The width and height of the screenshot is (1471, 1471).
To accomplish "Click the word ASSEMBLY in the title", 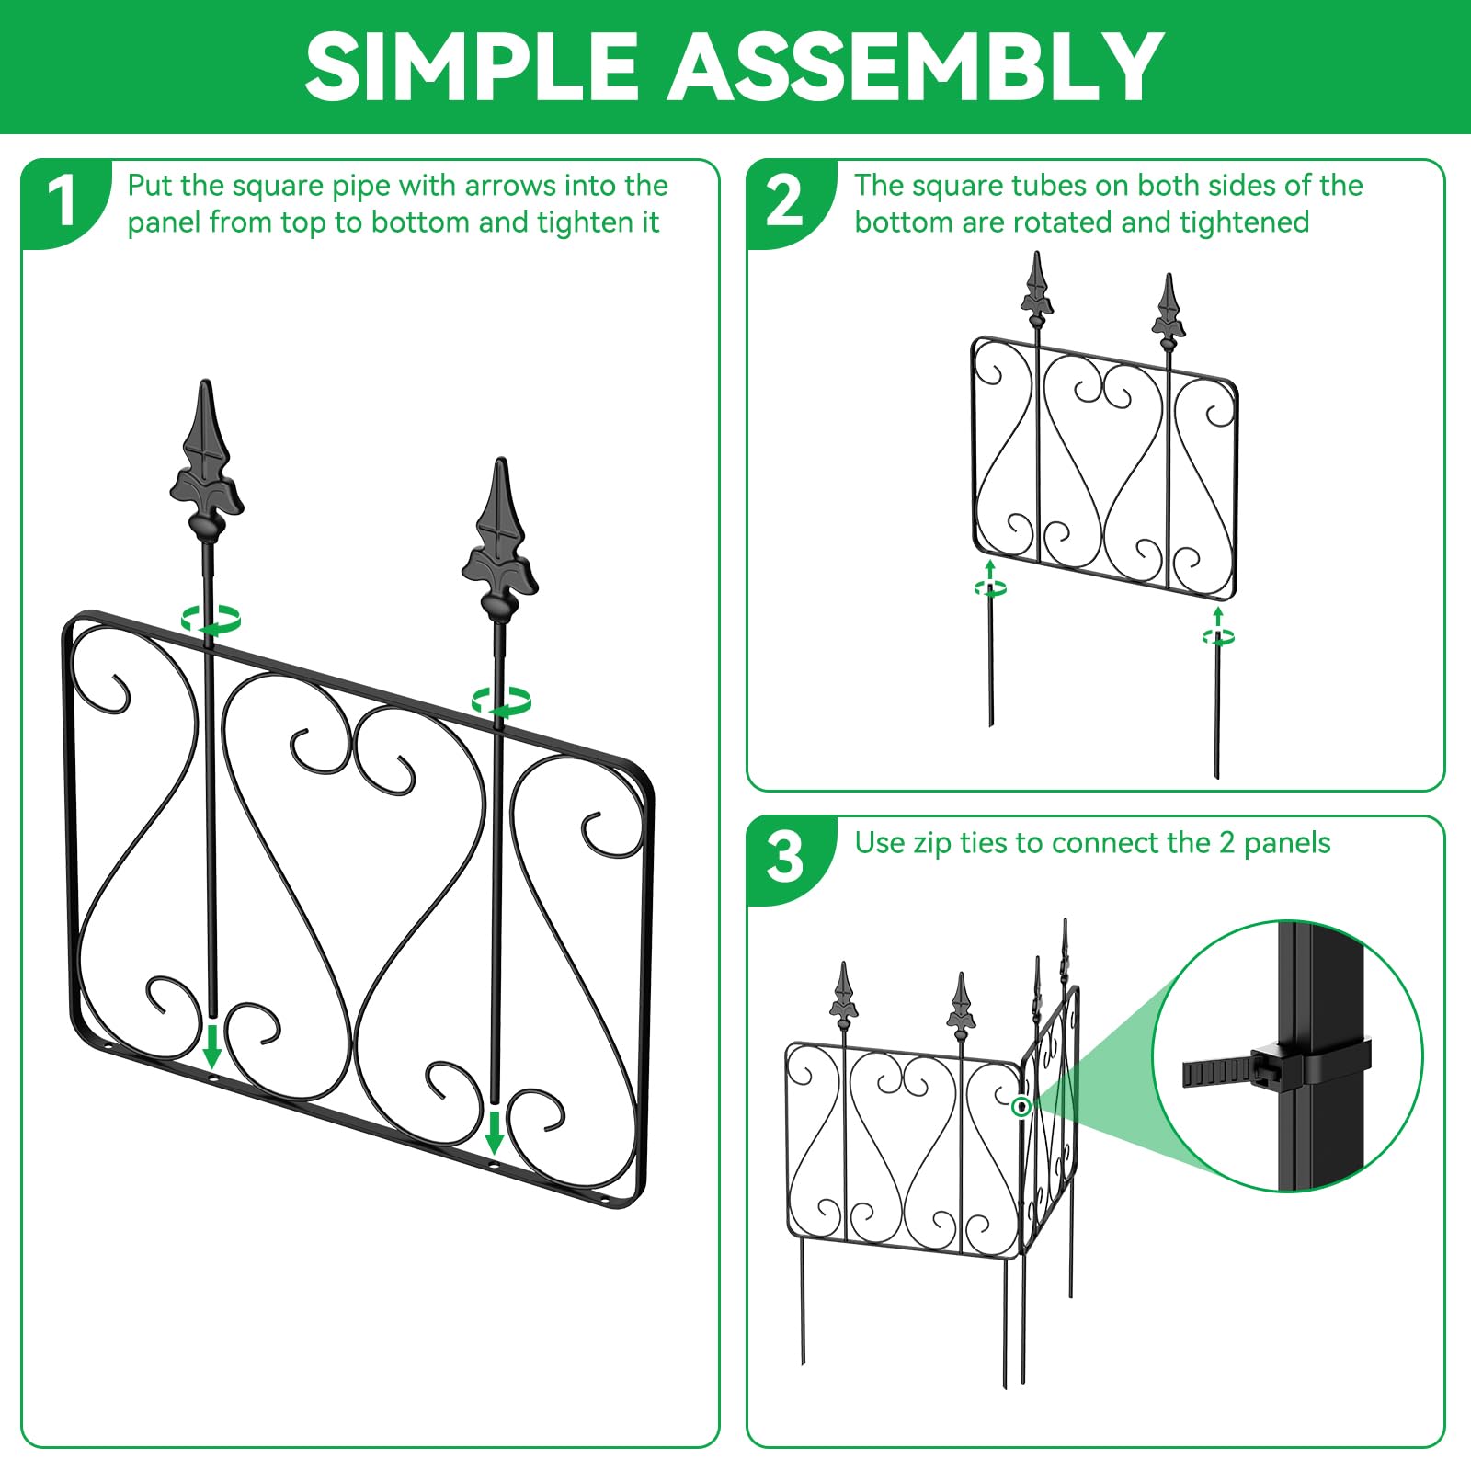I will pos(915,66).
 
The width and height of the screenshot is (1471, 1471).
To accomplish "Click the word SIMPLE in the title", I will pos(471,66).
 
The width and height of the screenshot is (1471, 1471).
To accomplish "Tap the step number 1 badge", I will pos(63,201).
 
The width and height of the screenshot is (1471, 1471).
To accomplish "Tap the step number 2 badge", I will pos(784,201).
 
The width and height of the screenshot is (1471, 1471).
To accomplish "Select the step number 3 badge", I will pos(784,858).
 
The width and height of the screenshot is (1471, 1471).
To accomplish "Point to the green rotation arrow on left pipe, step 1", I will pos(211,621).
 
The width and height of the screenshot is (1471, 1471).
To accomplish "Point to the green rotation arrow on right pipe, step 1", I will pos(501,702).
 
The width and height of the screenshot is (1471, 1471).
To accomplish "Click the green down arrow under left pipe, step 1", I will pos(212,1046).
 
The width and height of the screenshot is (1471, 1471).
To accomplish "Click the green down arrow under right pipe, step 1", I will pos(495,1133).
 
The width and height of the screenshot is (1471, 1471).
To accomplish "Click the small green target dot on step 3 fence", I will pos(1021,1107).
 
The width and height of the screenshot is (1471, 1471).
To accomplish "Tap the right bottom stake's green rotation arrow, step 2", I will pos(1218,635).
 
